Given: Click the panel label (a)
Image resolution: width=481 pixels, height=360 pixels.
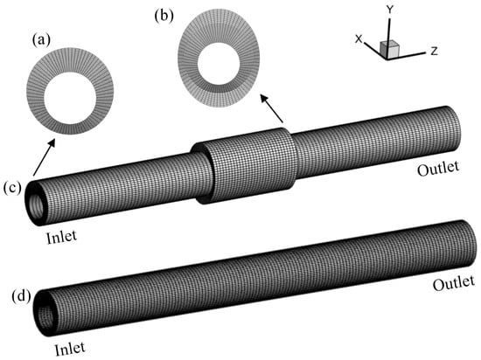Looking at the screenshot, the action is coord(41,40).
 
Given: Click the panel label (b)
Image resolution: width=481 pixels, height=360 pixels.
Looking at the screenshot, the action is coord(164,16).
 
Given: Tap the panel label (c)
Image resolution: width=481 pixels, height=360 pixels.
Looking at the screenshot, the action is coord(12,188).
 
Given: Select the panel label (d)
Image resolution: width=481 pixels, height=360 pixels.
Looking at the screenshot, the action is coord(21,296).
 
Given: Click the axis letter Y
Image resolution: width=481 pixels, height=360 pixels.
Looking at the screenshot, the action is coord(389,10).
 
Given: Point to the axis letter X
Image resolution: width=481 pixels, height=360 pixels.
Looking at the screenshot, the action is coord(359,39).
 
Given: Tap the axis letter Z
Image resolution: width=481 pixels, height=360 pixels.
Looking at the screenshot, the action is coord(434,51).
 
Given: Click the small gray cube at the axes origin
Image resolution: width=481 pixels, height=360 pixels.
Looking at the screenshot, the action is coord(389,49).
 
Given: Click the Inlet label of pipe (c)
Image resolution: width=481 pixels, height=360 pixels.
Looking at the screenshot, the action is coord(62,237).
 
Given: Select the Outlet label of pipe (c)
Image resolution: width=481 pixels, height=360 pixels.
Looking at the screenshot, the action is coord(438,169).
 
